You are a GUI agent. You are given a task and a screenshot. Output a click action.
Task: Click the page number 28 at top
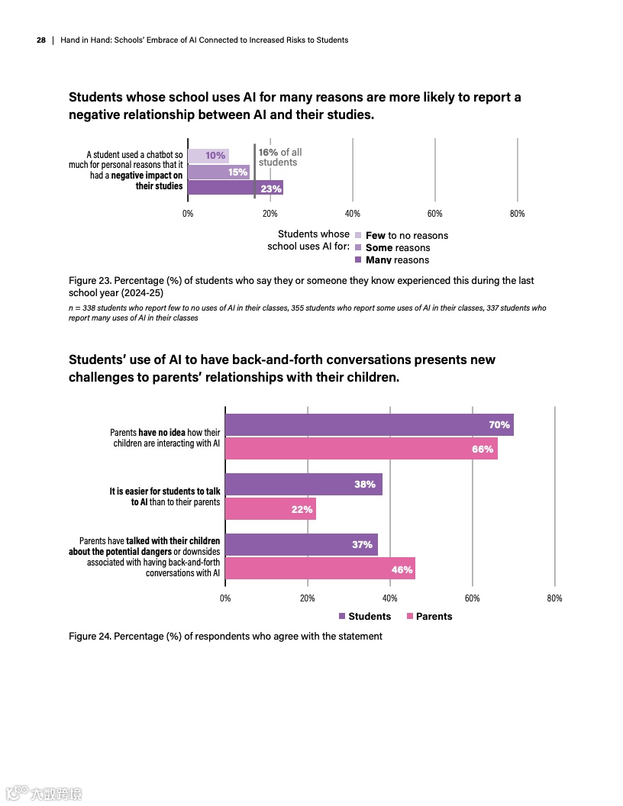41,40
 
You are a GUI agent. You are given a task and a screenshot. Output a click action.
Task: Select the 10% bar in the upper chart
208,156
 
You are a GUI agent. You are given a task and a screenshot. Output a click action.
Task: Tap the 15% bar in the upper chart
218,172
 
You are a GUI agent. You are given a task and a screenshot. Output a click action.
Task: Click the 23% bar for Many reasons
235,188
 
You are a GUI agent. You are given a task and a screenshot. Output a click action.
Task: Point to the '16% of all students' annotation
279,157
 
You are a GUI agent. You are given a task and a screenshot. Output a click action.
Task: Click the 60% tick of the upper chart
434,214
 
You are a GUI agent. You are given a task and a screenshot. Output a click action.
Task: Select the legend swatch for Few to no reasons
359,235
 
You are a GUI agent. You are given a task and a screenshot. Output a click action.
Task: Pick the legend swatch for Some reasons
359,247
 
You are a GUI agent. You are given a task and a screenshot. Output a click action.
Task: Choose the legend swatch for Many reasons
359,260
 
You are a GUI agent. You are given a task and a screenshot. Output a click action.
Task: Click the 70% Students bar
369,424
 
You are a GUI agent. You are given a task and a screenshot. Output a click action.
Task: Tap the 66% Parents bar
361,449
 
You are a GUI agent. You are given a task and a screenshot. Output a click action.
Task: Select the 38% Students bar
303,484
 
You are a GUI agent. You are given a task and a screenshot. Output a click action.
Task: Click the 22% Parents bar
270,509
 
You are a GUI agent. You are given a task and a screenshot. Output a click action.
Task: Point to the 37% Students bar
301,544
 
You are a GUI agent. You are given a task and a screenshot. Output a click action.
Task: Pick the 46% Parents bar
320,569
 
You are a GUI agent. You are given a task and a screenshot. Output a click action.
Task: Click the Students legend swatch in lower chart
342,616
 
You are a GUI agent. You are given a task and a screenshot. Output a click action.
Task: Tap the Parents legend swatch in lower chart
410,616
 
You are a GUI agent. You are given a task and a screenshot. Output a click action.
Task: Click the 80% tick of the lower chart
555,598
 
